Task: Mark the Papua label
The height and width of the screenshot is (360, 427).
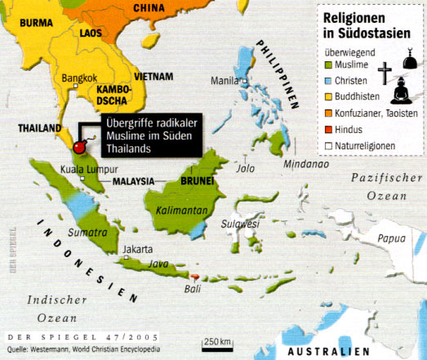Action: (x=391, y=239)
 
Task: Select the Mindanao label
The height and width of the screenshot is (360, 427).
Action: (x=306, y=163)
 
